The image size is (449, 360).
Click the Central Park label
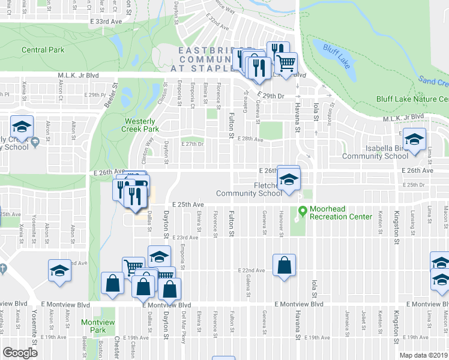pyautogui.click(x=43, y=50)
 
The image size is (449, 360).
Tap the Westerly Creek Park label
pyautogui.click(x=140, y=125)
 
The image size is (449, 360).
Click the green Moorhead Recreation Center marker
pyautogui.click(x=302, y=212)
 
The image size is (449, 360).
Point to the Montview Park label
pyautogui.click(x=93, y=326)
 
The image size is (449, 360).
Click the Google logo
pyautogui.click(x=20, y=353)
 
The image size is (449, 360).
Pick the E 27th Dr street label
pyautogui.click(x=193, y=144)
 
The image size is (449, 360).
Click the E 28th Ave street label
pyautogui.click(x=250, y=139)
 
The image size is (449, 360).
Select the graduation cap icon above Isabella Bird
pyautogui.click(x=414, y=139)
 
